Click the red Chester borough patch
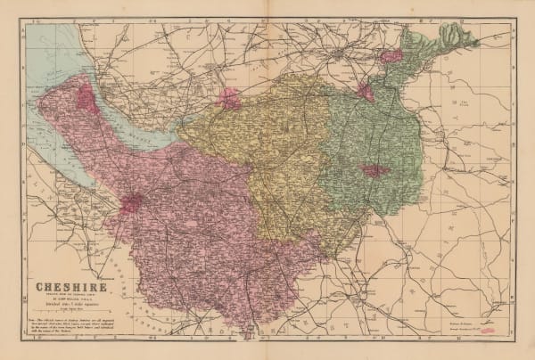pyautogui.click(x=130, y=204)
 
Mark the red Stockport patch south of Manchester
pyautogui.click(x=365, y=91)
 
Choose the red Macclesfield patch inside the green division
pyautogui.click(x=373, y=170)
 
